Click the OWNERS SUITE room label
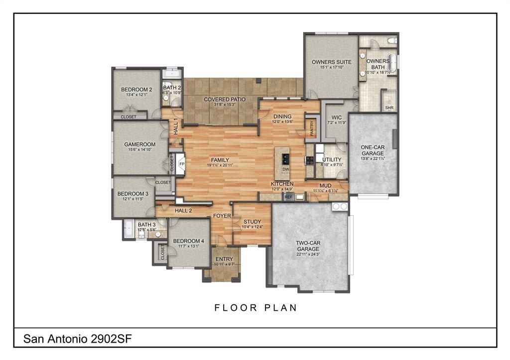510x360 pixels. (331, 62)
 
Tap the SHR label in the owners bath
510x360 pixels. (389, 107)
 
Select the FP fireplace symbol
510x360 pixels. (182, 163)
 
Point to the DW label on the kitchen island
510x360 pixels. (286, 169)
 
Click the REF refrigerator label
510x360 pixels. (288, 197)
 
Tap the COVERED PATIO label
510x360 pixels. (225, 100)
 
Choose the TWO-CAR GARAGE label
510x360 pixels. (308, 245)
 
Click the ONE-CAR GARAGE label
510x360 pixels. (373, 150)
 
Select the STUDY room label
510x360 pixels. (249, 222)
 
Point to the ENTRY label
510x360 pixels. (224, 259)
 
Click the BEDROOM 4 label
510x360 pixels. (188, 241)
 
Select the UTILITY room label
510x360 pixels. (332, 160)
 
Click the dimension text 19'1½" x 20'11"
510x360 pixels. (220, 165)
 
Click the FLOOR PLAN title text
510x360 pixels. (255, 308)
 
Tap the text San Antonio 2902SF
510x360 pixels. (77, 339)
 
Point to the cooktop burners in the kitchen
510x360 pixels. (310, 160)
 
